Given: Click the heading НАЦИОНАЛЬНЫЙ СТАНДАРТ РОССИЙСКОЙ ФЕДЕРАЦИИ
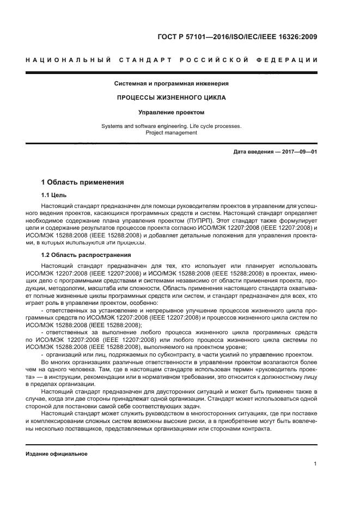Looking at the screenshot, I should [172, 60].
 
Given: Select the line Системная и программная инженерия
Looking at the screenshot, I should [171, 84].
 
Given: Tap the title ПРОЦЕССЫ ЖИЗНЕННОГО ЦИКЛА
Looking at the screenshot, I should [171, 98].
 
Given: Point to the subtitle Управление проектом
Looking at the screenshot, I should [171, 113].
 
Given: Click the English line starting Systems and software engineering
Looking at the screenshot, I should [171, 126].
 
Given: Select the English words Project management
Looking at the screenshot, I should [171, 132].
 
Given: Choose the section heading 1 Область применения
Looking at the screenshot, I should [83, 182].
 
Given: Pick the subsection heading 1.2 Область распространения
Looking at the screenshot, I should [86, 255].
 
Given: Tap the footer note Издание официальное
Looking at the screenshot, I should [57, 453].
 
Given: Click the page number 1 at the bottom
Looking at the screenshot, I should [315, 464].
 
